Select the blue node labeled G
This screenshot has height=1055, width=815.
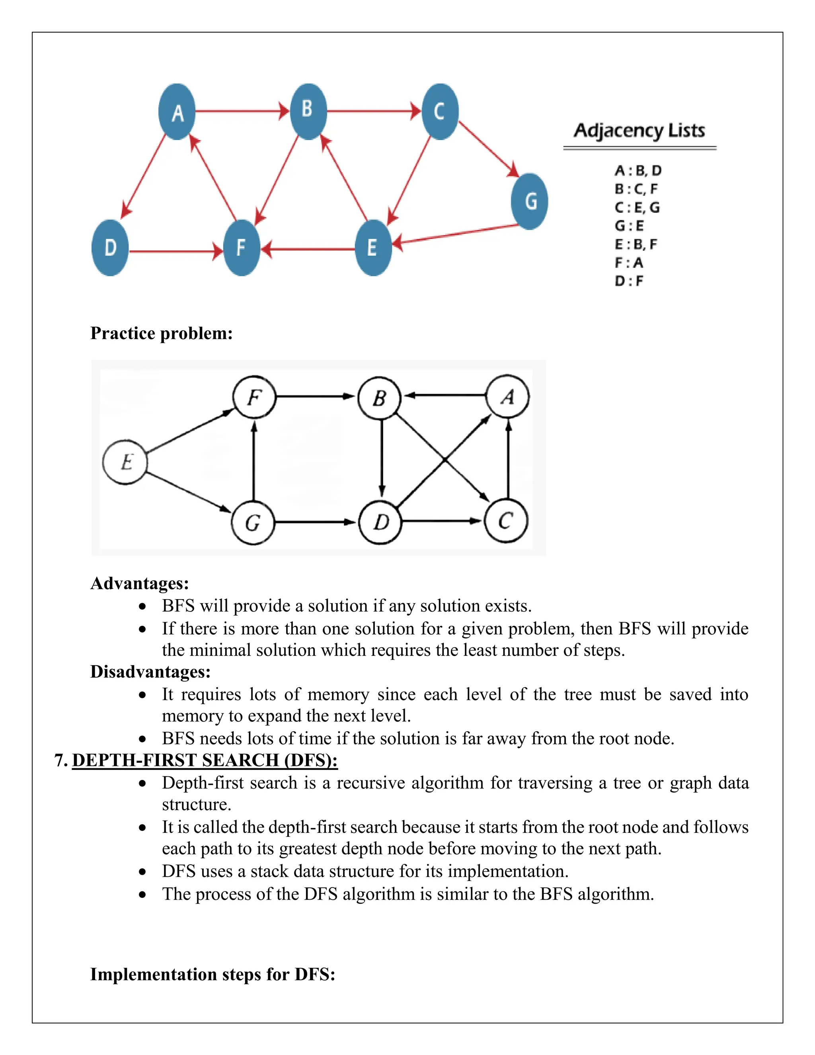point(530,201)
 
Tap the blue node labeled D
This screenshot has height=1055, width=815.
point(110,248)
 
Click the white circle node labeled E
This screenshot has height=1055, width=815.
point(125,462)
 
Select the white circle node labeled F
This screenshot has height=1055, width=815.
point(254,397)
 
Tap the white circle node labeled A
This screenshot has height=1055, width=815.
point(507,397)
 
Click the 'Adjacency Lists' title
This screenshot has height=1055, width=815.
point(639,131)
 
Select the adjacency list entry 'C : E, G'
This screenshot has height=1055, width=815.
point(637,208)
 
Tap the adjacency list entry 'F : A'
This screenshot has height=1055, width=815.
point(629,263)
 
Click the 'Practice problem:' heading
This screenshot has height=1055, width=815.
point(161,333)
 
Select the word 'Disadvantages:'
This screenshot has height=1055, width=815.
point(150,672)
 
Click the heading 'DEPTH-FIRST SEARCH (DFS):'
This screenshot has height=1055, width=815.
point(205,760)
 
